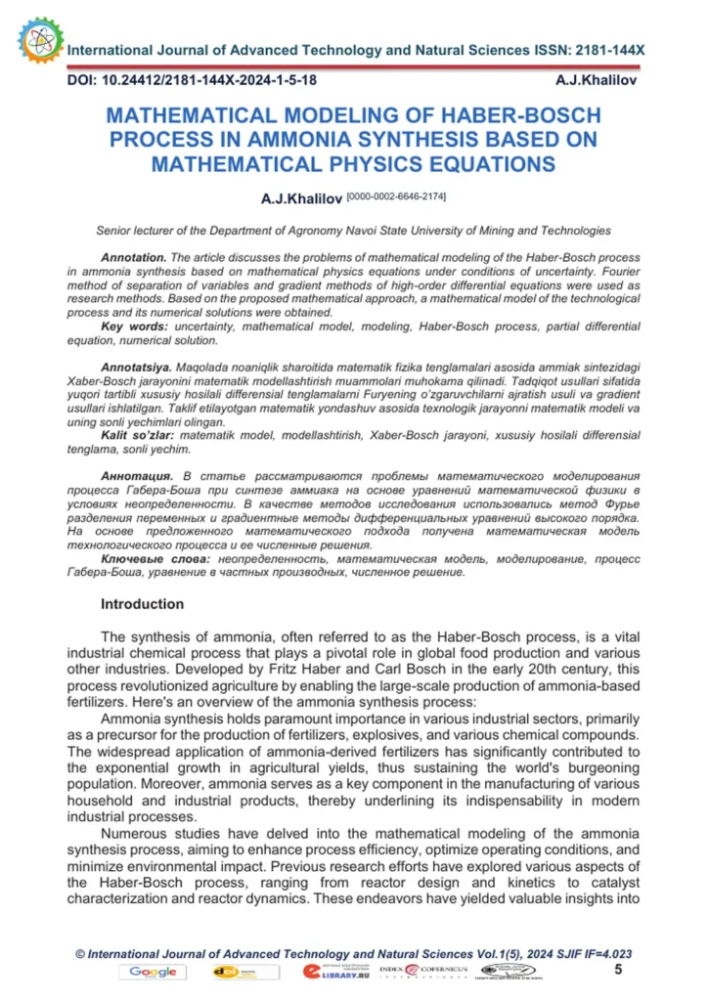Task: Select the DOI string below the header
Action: click(x=192, y=79)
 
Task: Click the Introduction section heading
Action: click(x=142, y=604)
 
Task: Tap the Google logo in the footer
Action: click(x=153, y=972)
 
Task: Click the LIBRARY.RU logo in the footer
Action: click(x=333, y=972)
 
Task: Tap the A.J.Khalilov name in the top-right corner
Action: click(x=596, y=79)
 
